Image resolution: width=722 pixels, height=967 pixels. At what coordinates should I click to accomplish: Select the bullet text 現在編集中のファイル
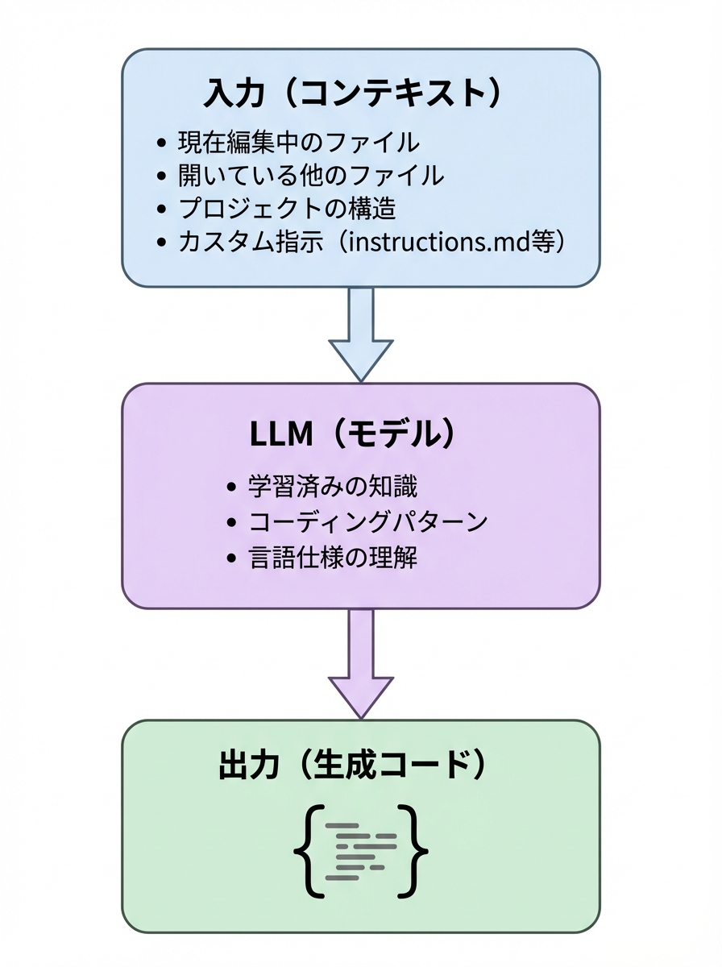tap(298, 143)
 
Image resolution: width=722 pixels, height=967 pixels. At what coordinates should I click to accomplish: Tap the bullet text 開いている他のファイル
tap(310, 175)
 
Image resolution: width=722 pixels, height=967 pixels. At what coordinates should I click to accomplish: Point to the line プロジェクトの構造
tap(287, 209)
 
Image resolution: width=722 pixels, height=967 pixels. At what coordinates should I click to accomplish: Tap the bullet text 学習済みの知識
tap(333, 488)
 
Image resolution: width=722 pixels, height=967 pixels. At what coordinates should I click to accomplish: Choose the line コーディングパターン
tap(367, 522)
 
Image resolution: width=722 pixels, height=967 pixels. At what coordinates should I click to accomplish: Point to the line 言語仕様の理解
tap(333, 558)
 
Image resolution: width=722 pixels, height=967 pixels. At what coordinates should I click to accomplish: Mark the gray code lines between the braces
tap(361, 851)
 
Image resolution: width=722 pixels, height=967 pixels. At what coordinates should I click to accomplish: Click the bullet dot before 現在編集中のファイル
tap(161, 143)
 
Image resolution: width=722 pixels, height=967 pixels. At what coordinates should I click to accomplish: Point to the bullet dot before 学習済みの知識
tap(234, 488)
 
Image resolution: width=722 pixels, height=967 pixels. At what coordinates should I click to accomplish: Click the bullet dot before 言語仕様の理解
tap(234, 558)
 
